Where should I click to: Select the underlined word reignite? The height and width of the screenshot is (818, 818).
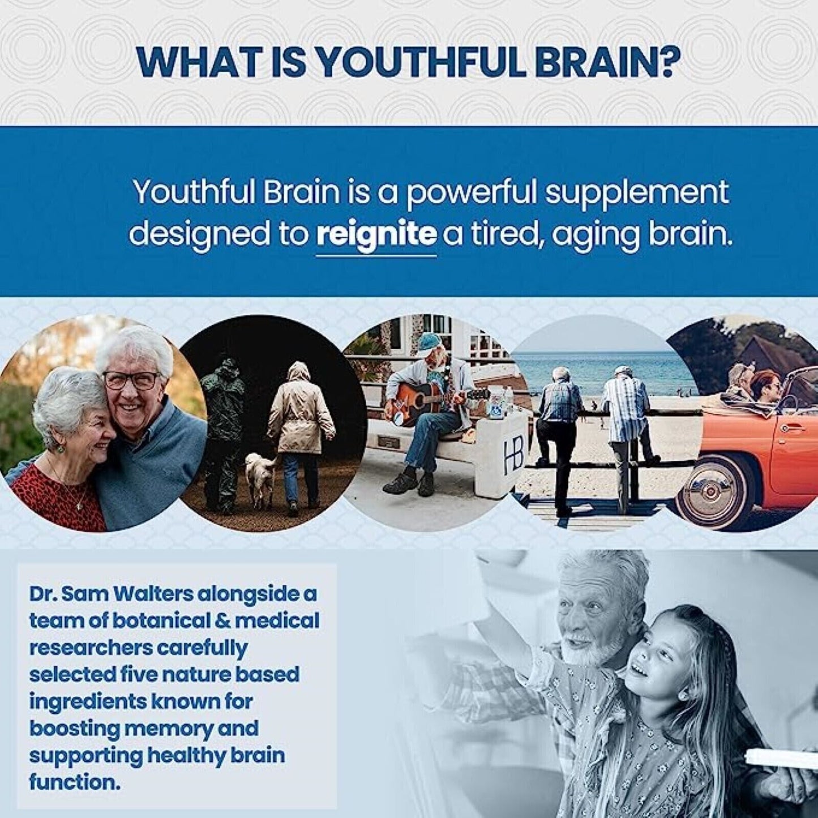click(376, 234)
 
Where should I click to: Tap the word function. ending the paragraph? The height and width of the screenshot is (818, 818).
click(75, 782)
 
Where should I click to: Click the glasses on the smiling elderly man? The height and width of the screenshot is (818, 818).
click(131, 380)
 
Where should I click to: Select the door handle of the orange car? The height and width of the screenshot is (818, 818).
click(795, 426)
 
